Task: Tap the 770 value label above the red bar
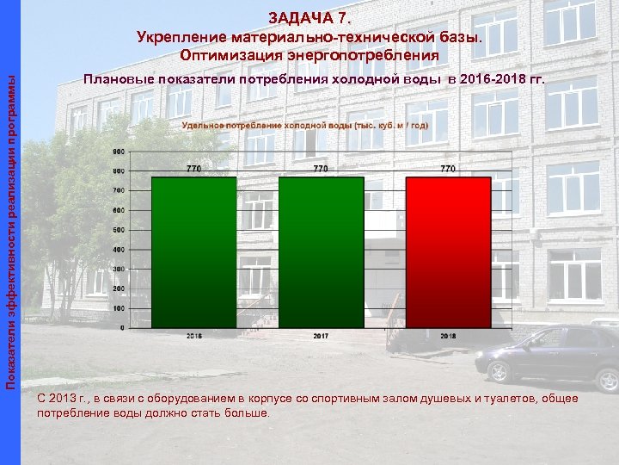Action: pos(448,169)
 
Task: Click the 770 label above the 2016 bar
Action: pos(194,169)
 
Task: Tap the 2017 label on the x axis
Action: pos(321,335)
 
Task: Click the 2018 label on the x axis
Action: pos(448,335)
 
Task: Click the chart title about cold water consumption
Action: pos(305,125)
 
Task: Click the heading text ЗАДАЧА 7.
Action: pos(309,17)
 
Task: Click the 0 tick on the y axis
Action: pos(121,327)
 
